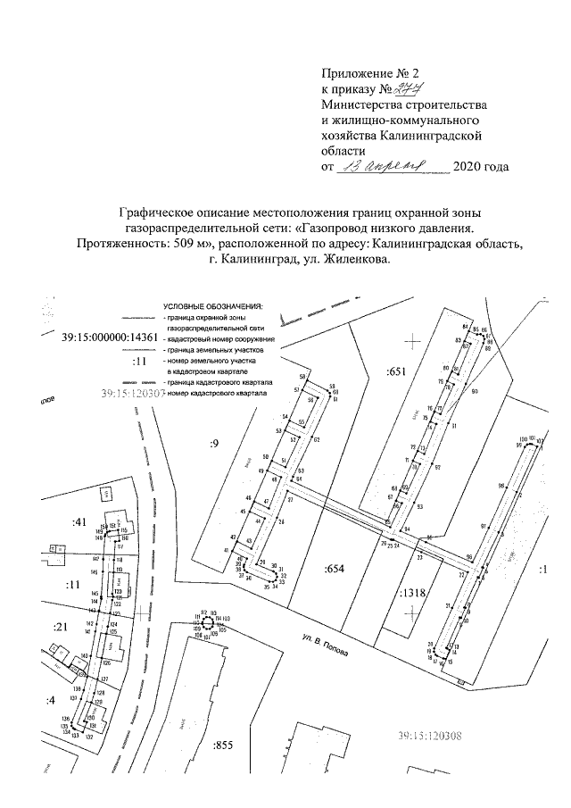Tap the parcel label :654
[334, 568]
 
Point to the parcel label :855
[222, 744]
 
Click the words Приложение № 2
[361, 75]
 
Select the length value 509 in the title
[188, 243]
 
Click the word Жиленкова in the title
[352, 259]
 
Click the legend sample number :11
[137, 362]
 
